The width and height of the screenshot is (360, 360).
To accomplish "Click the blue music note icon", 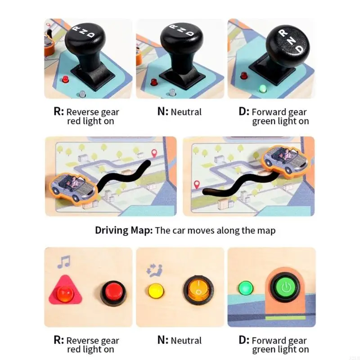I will [x=63, y=262].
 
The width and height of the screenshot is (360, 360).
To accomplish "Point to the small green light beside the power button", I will [x=245, y=288].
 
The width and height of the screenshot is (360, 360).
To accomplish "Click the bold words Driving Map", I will [x=124, y=230].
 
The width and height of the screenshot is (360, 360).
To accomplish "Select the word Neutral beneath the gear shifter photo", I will [x=186, y=112].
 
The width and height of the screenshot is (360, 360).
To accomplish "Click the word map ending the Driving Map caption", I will [x=265, y=230].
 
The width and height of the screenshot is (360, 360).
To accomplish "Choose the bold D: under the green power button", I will [x=244, y=340].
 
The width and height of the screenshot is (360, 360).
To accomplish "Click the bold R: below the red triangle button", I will [x=58, y=340].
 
